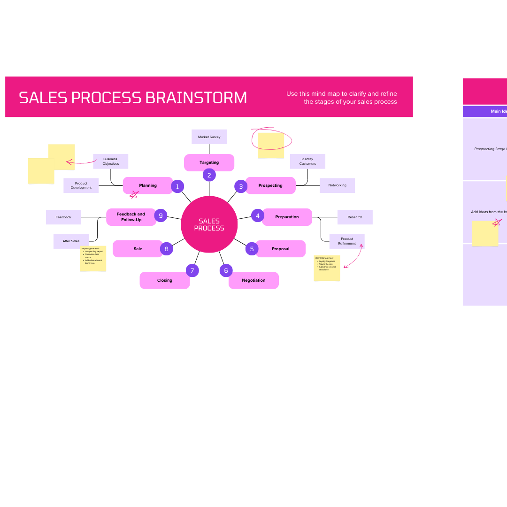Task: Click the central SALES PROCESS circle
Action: (x=209, y=224)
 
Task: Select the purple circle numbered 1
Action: (x=177, y=186)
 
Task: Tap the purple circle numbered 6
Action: (x=226, y=270)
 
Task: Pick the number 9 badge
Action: (x=161, y=215)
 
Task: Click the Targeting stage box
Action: (x=209, y=162)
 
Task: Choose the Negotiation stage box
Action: (x=253, y=280)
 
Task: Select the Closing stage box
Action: (x=165, y=280)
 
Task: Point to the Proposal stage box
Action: (x=280, y=249)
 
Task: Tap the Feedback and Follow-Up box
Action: (x=131, y=217)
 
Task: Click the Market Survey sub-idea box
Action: (x=209, y=137)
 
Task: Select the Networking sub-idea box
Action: (x=337, y=185)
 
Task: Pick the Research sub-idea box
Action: (x=355, y=217)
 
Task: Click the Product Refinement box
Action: (x=347, y=241)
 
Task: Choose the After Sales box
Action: (x=71, y=241)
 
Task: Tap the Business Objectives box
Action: (x=111, y=161)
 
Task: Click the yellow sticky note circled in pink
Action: (x=271, y=145)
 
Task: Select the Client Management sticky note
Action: (x=327, y=268)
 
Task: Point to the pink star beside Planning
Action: (x=134, y=194)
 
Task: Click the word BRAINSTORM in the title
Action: (x=196, y=98)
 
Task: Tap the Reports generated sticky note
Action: (x=93, y=258)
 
